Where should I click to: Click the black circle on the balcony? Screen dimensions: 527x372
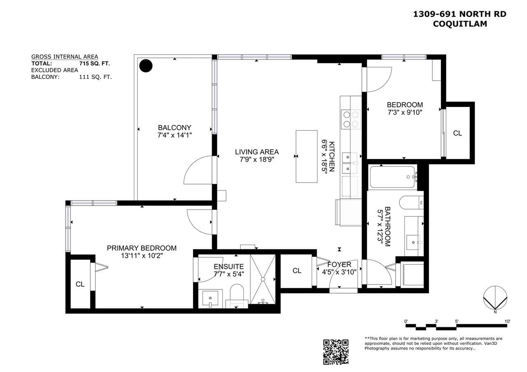[146, 66]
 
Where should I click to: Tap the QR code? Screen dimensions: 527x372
[336, 352]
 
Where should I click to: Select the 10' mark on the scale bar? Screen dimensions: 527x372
[507, 321]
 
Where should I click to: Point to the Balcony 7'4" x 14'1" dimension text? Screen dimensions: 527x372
[175, 135]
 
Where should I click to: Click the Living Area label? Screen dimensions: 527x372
[257, 152]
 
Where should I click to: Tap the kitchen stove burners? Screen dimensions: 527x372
[351, 119]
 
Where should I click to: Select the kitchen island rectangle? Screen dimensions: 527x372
[307, 157]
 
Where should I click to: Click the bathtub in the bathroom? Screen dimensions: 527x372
[392, 177]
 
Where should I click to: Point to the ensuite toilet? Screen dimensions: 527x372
[237, 296]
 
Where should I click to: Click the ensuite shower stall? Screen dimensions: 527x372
[263, 279]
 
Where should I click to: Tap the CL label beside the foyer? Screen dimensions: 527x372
[297, 271]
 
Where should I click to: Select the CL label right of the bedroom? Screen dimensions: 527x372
[457, 133]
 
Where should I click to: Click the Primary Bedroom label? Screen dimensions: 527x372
[142, 248]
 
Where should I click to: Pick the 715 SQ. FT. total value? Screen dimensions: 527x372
[95, 63]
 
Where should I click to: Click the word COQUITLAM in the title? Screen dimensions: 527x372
[460, 24]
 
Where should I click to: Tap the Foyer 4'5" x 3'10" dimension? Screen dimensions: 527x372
[339, 272]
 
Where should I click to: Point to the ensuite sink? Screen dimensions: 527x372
[210, 298]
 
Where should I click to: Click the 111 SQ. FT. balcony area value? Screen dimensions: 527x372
[95, 77]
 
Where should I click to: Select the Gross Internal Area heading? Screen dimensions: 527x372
[65, 57]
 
